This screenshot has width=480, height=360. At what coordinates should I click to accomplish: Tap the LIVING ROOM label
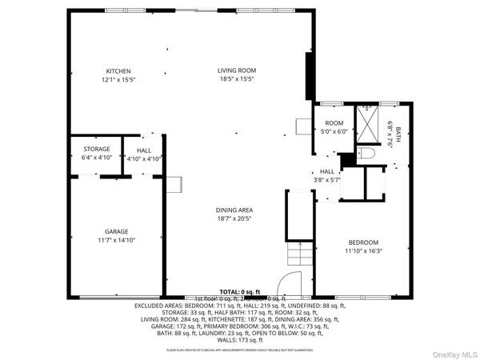pyautogui.click(x=236, y=71)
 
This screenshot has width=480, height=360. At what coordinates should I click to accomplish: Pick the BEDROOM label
pyautogui.click(x=362, y=242)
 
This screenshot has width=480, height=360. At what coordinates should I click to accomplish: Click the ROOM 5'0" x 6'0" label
pyautogui.click(x=334, y=123)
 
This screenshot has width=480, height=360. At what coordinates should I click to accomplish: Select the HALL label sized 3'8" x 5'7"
pyautogui.click(x=326, y=171)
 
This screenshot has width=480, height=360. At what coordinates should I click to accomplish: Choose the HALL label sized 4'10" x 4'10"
pyautogui.click(x=144, y=150)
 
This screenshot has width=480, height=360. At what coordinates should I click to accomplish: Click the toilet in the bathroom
pyautogui.click(x=365, y=152)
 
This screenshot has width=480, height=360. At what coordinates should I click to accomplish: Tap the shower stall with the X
pyautogui.click(x=367, y=124)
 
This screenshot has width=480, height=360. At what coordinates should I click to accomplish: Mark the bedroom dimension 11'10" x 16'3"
pyautogui.click(x=362, y=250)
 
